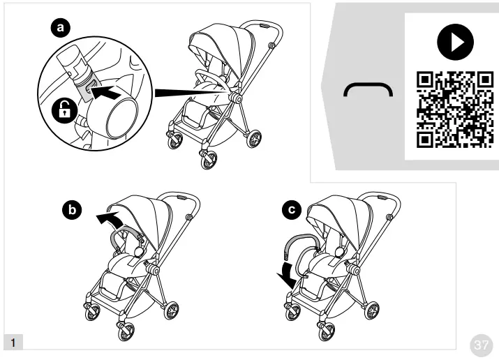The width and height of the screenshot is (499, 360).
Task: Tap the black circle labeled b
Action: pyautogui.click(x=70, y=209)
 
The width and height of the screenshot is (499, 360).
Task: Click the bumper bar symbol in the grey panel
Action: pyautogui.click(x=368, y=88)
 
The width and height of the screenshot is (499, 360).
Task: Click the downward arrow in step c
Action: pyautogui.click(x=285, y=275)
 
